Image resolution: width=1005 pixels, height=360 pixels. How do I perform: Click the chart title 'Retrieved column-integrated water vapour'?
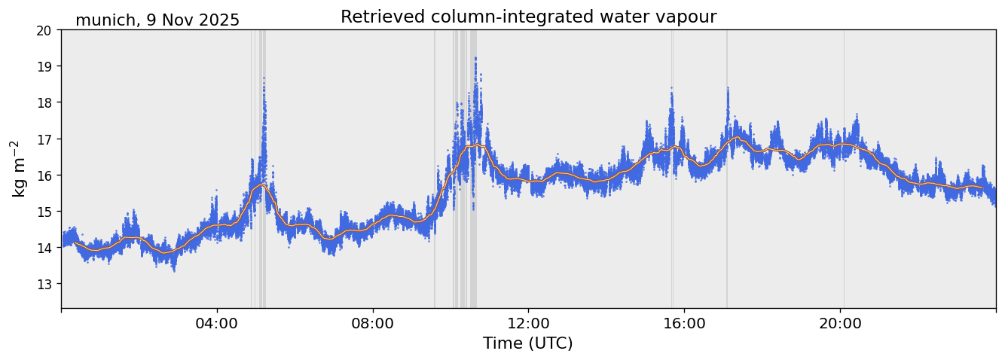click(528, 17)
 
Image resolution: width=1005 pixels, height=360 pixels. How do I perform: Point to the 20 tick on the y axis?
click(45, 30)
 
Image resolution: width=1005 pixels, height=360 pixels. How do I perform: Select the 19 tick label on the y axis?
click(45, 66)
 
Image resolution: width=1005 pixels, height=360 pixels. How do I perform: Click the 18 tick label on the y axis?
click(45, 102)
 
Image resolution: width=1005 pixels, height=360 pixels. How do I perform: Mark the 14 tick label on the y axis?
click(45, 248)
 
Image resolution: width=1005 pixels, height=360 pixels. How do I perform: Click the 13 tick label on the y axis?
click(45, 284)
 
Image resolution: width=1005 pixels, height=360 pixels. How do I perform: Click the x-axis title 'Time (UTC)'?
click(528, 343)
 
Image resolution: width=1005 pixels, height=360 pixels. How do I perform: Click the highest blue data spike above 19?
click(476, 58)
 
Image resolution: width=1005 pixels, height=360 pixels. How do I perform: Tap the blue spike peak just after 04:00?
click(264, 78)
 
